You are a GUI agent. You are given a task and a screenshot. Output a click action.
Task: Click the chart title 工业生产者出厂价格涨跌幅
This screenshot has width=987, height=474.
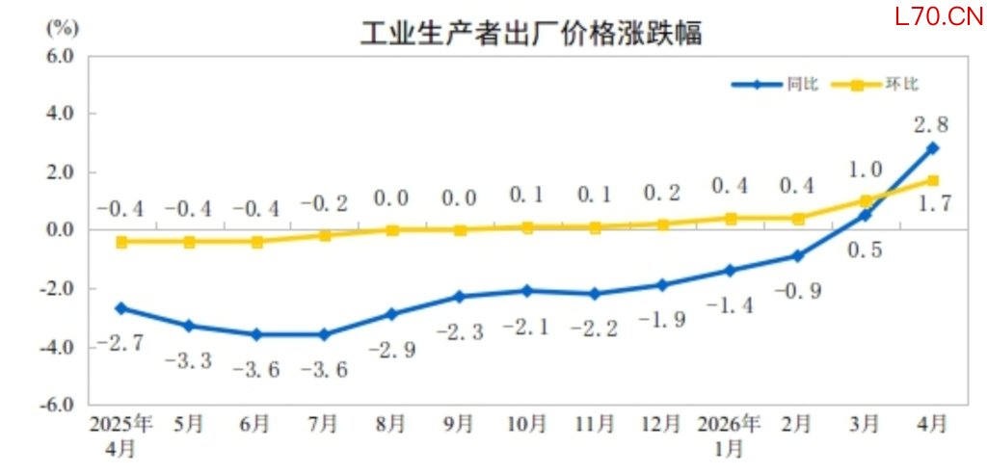pos(531,34)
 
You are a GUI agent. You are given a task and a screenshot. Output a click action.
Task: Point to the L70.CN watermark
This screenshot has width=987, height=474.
pos(939,16)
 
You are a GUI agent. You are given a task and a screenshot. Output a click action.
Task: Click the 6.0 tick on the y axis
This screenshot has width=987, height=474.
pos(62,56)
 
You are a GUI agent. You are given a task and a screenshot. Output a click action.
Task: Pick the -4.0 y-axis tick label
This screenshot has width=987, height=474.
pos(59,347)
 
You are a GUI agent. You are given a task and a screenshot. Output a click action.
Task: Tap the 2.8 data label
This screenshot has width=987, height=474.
pos(932,125)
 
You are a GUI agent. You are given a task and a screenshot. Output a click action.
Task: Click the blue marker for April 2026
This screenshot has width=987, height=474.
pos(932,148)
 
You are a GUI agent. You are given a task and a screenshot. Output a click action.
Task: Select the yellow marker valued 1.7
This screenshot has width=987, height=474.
pos(932,181)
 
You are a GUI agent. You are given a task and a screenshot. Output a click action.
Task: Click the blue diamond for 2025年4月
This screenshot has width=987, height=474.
pos(121,308)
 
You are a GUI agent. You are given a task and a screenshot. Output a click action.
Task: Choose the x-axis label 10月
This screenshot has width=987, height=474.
pos(527,425)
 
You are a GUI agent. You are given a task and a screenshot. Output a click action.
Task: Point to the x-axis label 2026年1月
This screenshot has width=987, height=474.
pos(729,435)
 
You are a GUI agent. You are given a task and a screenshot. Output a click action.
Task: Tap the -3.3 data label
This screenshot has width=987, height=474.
pos(188,360)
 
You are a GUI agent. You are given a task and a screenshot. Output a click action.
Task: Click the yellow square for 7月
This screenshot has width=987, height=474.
pos(324,235)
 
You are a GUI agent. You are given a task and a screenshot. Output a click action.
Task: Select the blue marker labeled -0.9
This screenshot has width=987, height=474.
pos(797,256)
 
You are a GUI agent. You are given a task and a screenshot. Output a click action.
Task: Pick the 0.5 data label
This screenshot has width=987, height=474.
pos(866,250)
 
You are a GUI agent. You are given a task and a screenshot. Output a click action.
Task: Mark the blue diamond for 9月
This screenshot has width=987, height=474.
pos(460,297)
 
